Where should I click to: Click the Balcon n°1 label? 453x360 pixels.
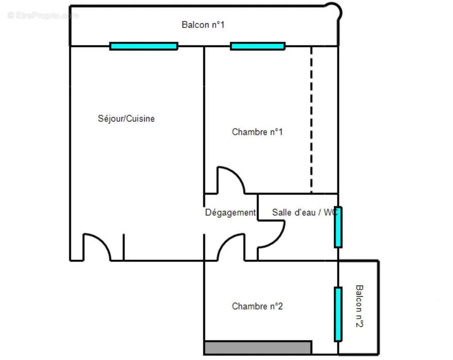pos(203,25)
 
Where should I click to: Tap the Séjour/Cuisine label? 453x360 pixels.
pos(126,118)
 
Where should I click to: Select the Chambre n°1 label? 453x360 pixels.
pos(257,132)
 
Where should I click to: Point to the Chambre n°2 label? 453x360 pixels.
pos(257,306)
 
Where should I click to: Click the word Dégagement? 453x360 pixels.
pos(230,213)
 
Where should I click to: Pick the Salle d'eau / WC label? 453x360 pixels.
pos(305,212)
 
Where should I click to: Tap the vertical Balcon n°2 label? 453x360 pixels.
pos(359,306)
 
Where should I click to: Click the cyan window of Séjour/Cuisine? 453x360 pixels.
pos(144,46)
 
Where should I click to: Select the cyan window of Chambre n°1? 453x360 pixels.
pos(258,46)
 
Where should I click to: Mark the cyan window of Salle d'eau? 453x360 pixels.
pos(338,227)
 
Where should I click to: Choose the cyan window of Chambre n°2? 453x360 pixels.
pos(338,315)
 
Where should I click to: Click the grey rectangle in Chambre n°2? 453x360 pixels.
pos(258,347)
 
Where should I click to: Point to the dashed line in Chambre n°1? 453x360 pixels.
pos(311,120)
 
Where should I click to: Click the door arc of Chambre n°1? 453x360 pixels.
pos(237,175)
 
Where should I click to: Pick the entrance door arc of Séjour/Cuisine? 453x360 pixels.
pos(102,242)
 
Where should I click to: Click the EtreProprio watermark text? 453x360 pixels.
pos(43,15)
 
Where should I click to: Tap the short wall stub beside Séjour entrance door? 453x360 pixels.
pos(124,247)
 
